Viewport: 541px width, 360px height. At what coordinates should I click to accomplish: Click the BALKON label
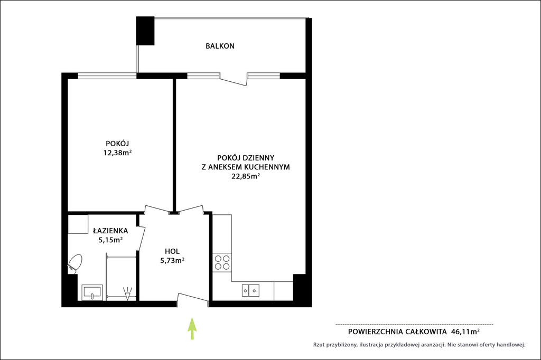[x=220, y=46]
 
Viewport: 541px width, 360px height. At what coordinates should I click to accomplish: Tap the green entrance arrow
[x=192, y=329]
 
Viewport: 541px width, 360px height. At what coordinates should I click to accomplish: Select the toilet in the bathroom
[x=74, y=264]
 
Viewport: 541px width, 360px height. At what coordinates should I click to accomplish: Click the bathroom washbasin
[x=92, y=292]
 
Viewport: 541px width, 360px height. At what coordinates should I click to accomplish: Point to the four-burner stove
[x=222, y=262]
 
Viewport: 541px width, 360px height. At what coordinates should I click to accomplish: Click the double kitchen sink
[x=250, y=290]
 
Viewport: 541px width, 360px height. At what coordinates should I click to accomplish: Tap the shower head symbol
[x=127, y=293]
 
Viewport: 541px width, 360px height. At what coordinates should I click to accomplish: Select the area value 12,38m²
[x=117, y=153]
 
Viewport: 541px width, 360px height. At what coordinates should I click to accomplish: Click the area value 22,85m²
[x=245, y=176]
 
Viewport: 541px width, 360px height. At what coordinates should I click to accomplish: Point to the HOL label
[x=172, y=251]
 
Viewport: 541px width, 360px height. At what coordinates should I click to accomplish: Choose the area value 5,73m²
[x=172, y=261]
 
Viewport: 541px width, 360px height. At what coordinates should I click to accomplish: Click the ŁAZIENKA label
[x=110, y=230]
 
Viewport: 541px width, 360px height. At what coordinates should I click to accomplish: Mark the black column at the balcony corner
[x=145, y=31]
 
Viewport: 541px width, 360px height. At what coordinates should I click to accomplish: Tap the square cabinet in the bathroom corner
[x=78, y=224]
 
